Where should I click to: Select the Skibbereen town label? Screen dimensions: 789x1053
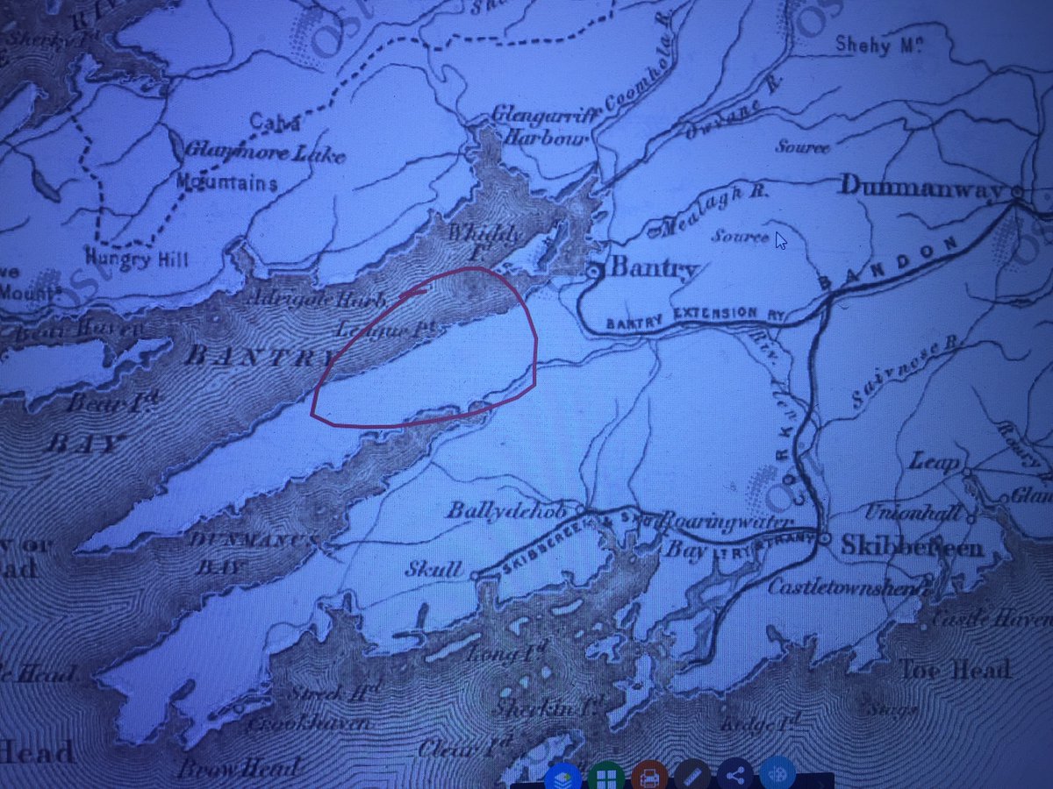click(913, 546)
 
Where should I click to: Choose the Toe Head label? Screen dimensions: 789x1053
click(954, 671)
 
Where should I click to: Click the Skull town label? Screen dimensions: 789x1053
click(433, 571)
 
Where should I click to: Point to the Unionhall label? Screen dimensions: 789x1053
click(913, 513)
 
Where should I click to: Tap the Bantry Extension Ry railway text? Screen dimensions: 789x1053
click(680, 317)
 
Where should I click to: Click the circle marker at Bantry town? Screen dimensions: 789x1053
click(593, 272)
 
